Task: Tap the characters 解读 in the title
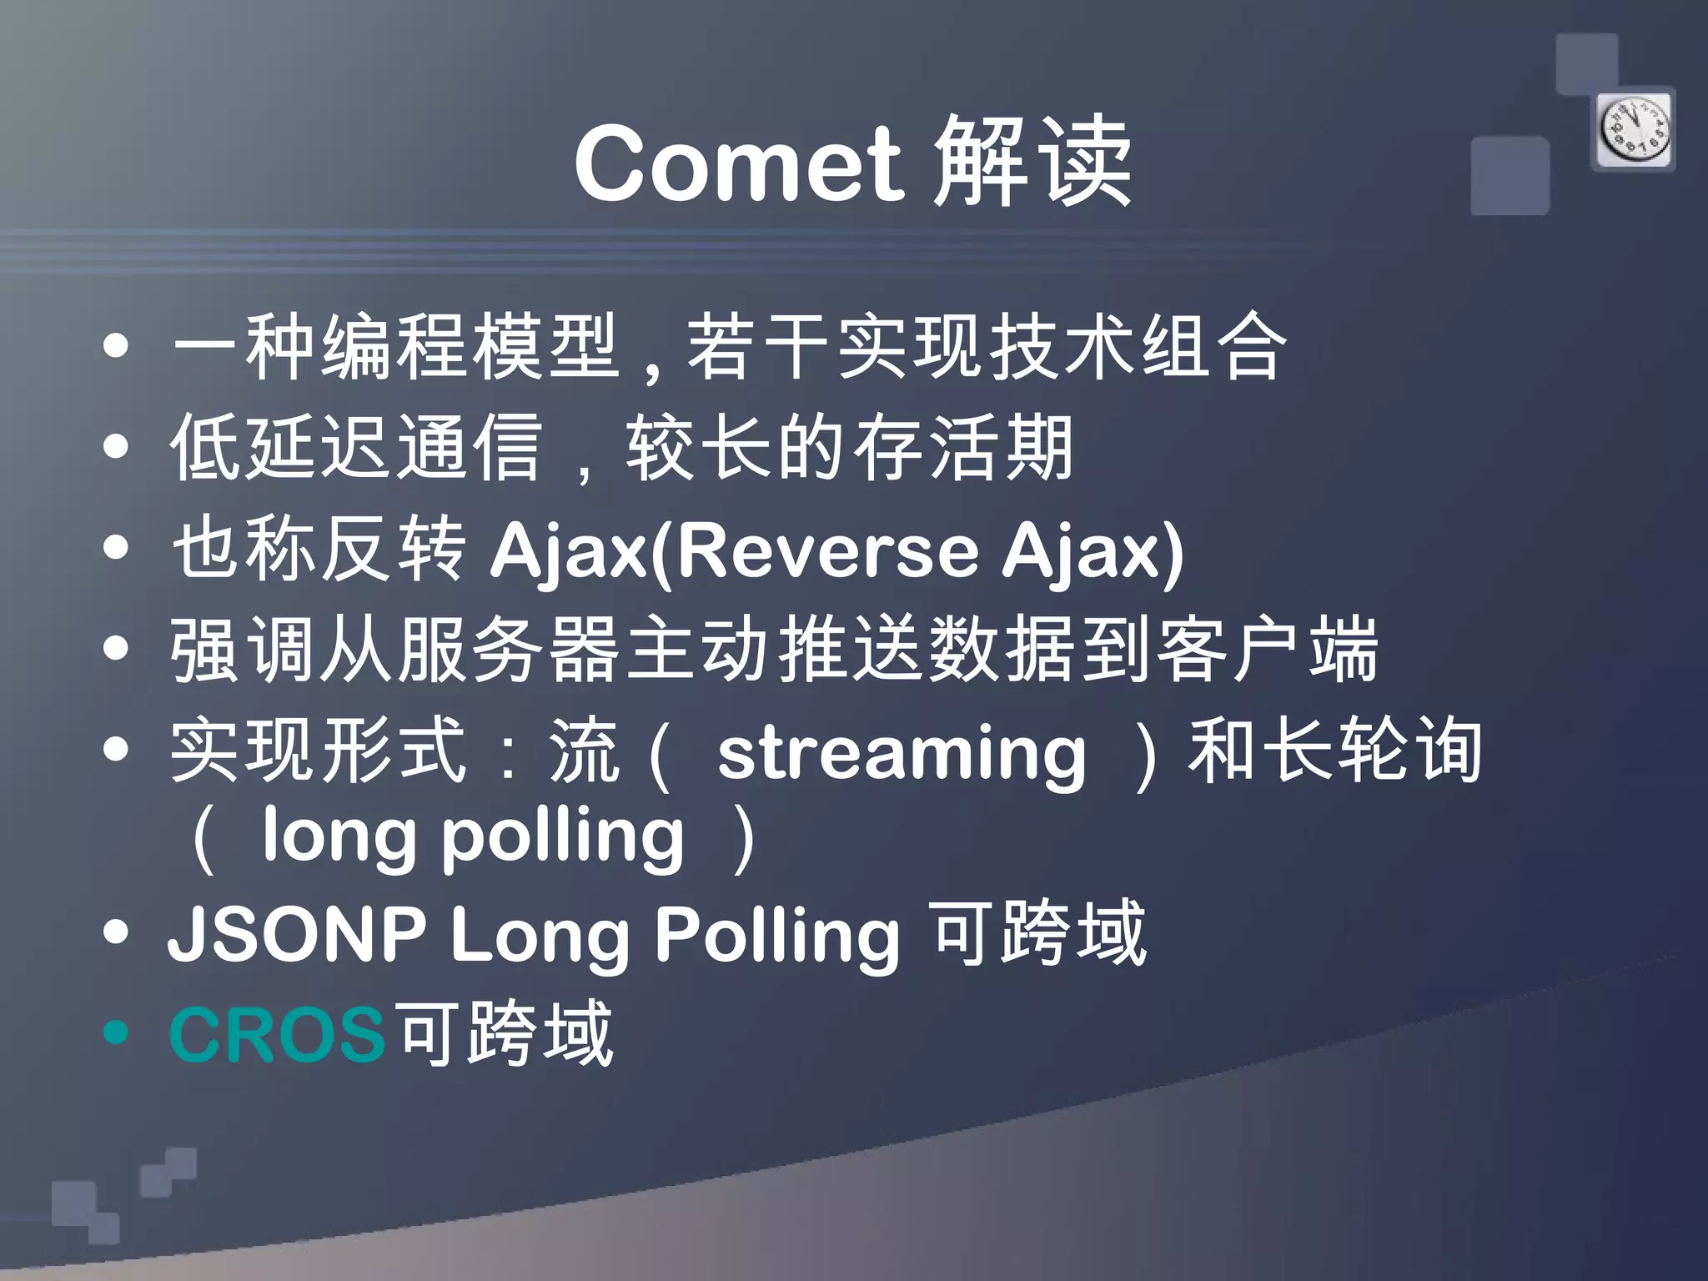[x=1032, y=163]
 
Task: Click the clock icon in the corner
[x=1634, y=130]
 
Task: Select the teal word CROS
[x=277, y=1035]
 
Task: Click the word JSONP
[x=296, y=934]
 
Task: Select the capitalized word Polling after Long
[x=777, y=934]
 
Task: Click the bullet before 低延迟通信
[x=117, y=447]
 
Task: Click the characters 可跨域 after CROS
[x=505, y=1035]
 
